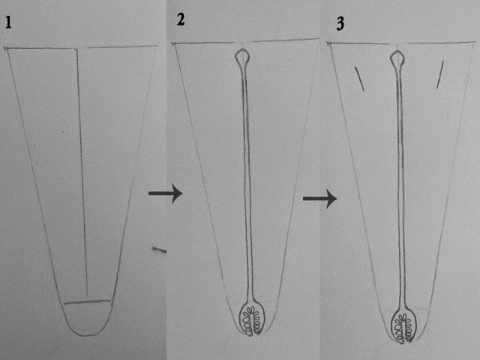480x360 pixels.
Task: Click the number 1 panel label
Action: [8, 22]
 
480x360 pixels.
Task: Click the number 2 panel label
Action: [181, 19]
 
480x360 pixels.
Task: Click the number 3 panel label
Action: [340, 23]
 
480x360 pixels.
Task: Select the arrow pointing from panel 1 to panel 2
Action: [165, 193]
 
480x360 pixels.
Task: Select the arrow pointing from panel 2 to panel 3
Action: [320, 199]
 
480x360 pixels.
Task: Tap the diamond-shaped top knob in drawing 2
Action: [242, 57]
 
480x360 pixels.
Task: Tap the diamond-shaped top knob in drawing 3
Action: [397, 58]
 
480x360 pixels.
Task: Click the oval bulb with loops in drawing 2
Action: [252, 318]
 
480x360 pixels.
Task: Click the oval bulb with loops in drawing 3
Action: [403, 325]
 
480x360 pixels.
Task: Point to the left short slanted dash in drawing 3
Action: [359, 79]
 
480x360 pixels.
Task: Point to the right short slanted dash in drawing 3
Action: [440, 75]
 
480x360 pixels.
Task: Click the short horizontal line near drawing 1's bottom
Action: [87, 301]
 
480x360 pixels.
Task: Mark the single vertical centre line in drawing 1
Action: [82, 173]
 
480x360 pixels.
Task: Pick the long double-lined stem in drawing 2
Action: [247, 183]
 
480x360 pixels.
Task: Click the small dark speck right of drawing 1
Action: [159, 250]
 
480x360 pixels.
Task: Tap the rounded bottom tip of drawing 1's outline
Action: [87, 336]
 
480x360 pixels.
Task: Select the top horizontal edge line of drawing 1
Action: [81, 47]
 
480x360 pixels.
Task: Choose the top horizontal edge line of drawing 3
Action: [401, 43]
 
